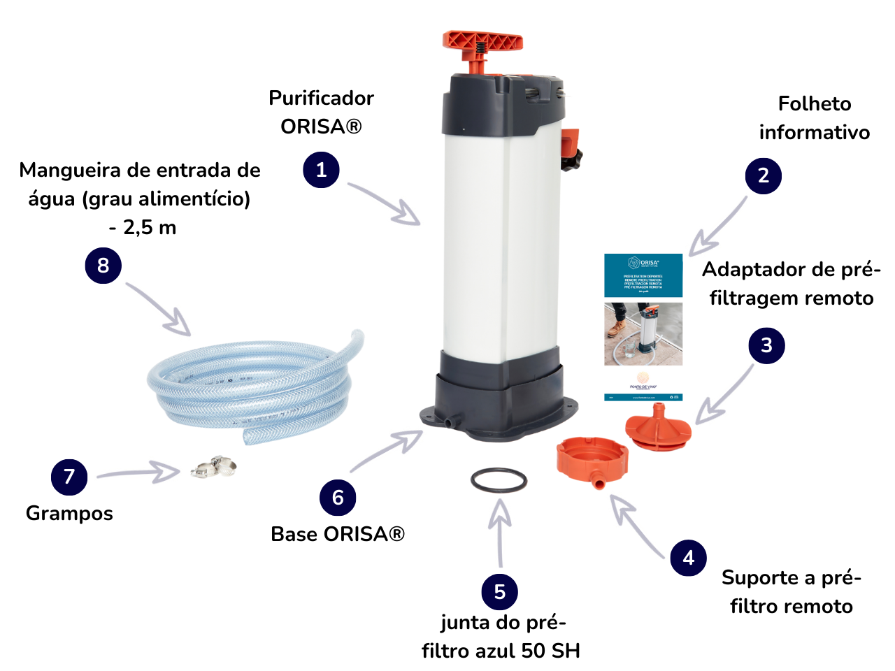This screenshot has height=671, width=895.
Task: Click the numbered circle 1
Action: pyautogui.click(x=321, y=170)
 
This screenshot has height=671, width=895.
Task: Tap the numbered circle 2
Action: pyautogui.click(x=764, y=175)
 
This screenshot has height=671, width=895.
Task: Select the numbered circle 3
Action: pyautogui.click(x=766, y=345)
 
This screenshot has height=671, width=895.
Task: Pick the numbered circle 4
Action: pyautogui.click(x=688, y=558)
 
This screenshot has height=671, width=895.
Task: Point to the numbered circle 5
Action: pyautogui.click(x=499, y=592)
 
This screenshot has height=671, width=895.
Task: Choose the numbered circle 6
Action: pyautogui.click(x=338, y=498)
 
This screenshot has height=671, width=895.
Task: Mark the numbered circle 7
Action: pyautogui.click(x=69, y=477)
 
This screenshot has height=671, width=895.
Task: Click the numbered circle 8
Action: pyautogui.click(x=103, y=266)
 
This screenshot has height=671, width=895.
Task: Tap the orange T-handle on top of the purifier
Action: pyautogui.click(x=482, y=42)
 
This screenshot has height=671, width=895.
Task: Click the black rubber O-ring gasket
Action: pyautogui.click(x=499, y=480)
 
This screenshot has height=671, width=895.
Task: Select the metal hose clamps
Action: pyautogui.click(x=214, y=466)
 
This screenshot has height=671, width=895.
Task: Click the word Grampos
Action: pyautogui.click(x=69, y=513)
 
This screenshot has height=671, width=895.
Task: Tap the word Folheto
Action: pyautogui.click(x=815, y=104)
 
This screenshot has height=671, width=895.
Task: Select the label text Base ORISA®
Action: pyautogui.click(x=338, y=534)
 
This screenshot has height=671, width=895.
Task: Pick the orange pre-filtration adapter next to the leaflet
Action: pyautogui.click(x=657, y=426)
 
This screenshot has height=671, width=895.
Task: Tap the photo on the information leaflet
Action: pyautogui.click(x=643, y=333)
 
